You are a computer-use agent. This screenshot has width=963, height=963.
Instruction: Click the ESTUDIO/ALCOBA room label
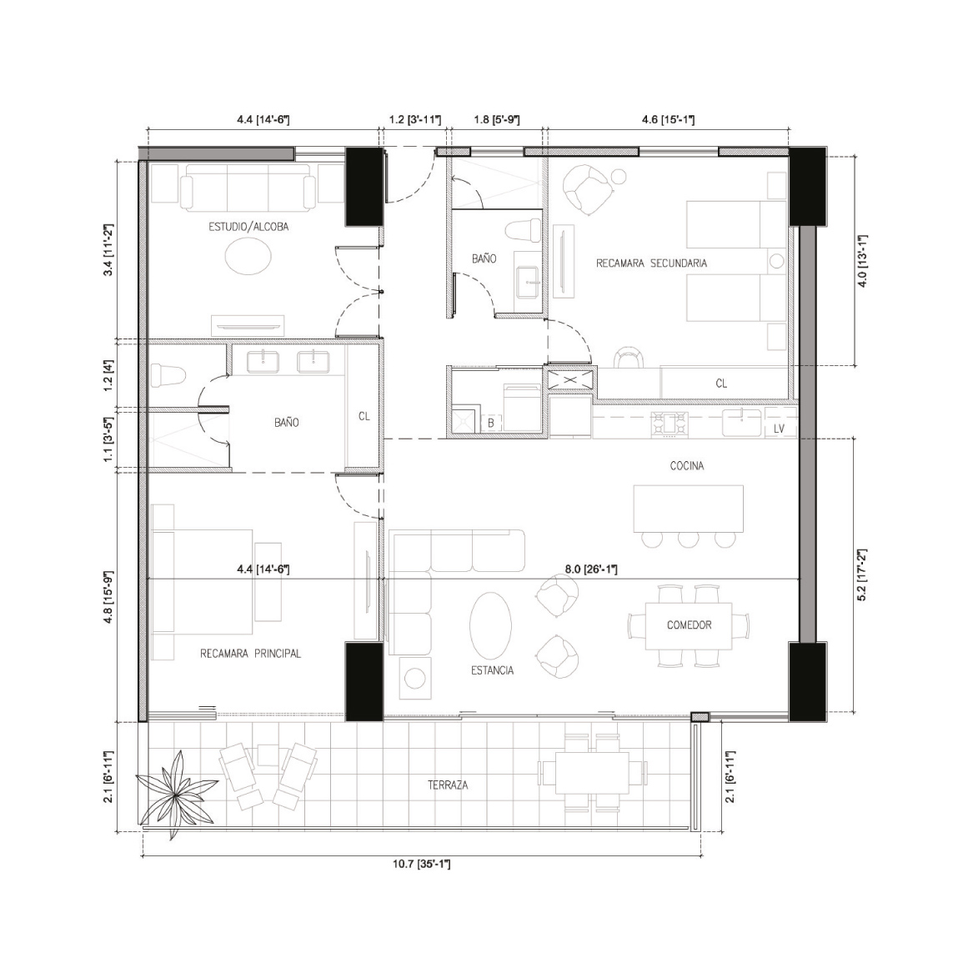(248, 227)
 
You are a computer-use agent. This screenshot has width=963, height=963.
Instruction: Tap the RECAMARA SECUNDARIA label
(652, 263)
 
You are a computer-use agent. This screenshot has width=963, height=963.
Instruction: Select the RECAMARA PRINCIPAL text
(251, 654)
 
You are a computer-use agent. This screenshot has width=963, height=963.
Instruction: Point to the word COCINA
(687, 466)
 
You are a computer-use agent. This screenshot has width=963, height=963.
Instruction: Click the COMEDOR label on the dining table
(689, 625)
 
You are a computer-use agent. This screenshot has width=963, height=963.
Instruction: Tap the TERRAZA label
(448, 785)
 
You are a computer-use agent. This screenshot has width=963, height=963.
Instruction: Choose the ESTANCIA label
(493, 670)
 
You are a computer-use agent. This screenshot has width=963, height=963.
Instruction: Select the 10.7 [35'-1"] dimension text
(422, 864)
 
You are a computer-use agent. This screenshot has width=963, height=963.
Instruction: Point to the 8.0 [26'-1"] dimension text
(591, 569)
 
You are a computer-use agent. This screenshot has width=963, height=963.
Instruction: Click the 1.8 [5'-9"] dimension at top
(496, 120)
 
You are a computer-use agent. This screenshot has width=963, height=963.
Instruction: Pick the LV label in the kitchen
(779, 429)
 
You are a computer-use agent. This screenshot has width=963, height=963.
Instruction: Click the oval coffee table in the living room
(490, 624)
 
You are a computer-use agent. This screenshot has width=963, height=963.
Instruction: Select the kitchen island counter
(688, 509)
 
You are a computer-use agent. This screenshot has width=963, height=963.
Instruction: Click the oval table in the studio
(248, 256)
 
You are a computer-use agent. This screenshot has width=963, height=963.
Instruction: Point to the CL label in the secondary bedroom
(721, 384)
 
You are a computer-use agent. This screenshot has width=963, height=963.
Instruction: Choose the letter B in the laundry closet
(491, 424)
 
